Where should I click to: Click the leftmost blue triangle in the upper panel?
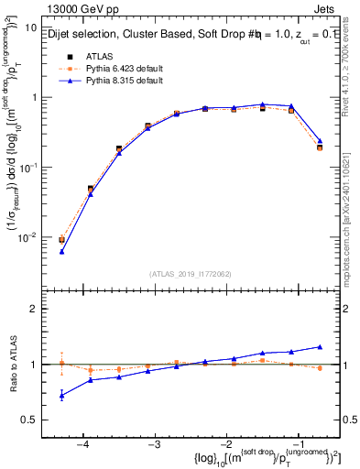62,251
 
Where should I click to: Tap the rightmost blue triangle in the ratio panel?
320,346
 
